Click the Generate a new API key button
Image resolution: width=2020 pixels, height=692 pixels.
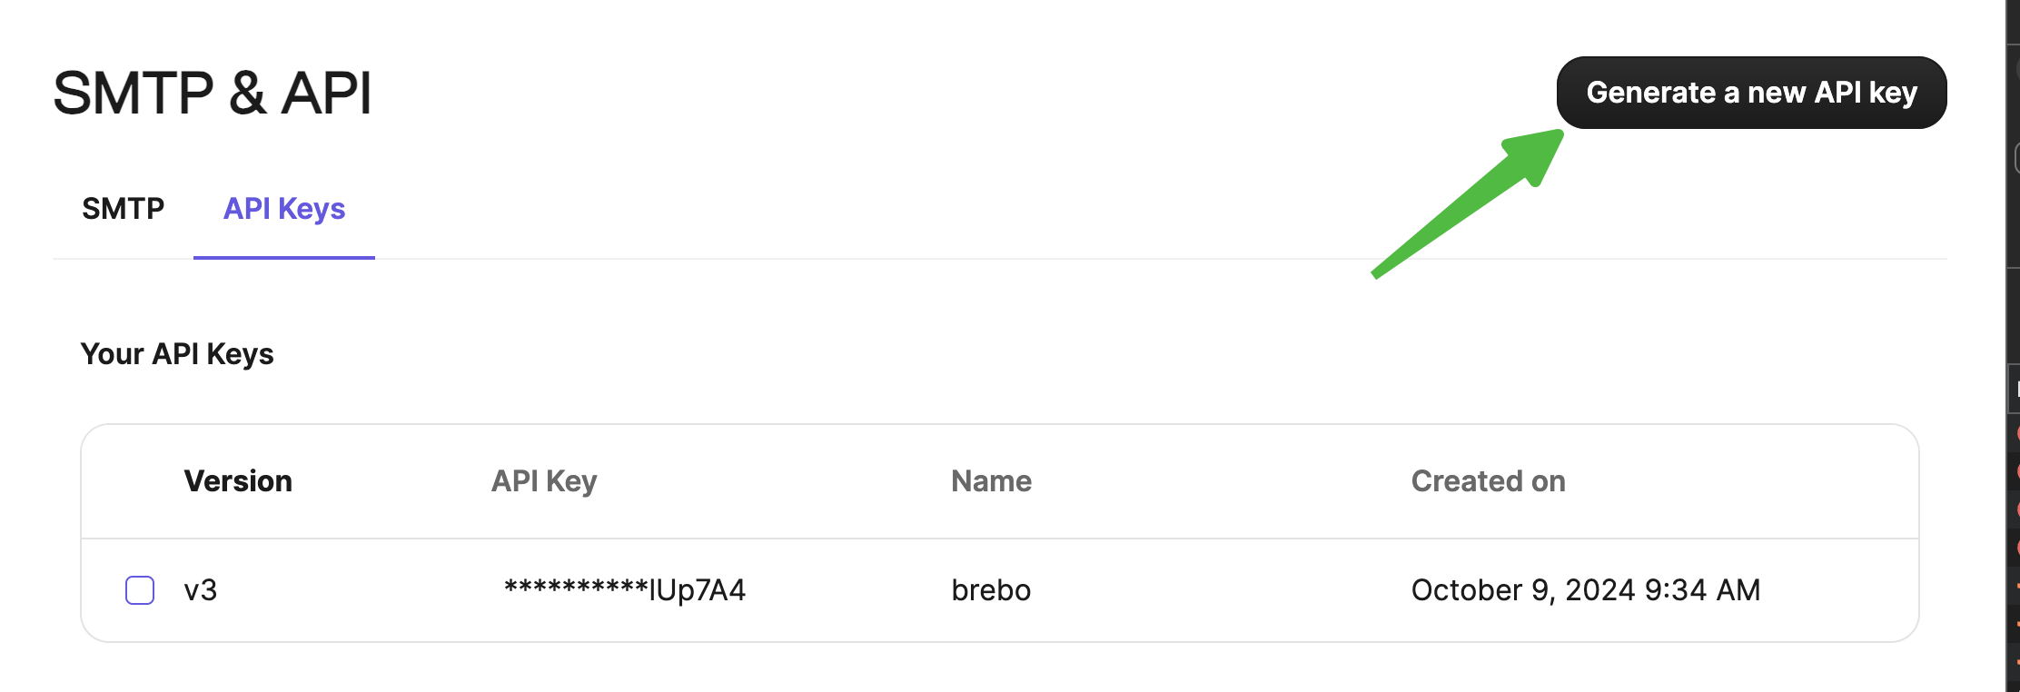[x=1751, y=93]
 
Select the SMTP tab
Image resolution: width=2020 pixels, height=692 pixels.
[x=124, y=209]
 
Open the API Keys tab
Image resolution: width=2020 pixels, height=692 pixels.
[x=284, y=209]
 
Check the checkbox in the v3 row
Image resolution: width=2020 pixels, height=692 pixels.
[x=140, y=590]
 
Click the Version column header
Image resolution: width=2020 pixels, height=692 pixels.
[x=238, y=481]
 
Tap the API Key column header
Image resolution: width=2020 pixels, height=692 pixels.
[x=544, y=481]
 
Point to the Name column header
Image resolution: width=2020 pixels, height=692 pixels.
[x=991, y=481]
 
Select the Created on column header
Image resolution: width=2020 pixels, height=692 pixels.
[x=1489, y=481]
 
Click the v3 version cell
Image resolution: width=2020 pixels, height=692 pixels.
[x=201, y=590]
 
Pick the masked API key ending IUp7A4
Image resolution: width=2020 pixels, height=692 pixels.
[x=625, y=590]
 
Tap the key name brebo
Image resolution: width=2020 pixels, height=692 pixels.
[x=991, y=590]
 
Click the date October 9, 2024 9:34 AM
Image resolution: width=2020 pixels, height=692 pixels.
[x=1586, y=590]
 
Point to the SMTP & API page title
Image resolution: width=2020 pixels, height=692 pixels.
[x=213, y=93]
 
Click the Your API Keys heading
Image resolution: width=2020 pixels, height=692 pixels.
[x=177, y=354]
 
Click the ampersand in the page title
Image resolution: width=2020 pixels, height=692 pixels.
[x=248, y=93]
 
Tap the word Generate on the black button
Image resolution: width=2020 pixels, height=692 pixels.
[x=1650, y=93]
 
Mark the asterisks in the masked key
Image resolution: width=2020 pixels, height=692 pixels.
[x=576, y=587]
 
